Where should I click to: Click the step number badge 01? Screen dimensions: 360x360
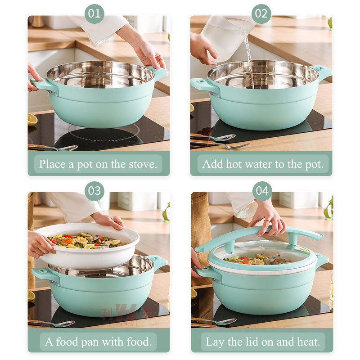pyautogui.click(x=94, y=13)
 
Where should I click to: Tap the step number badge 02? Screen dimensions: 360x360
pyautogui.click(x=261, y=13)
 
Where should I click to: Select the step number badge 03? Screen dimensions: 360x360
pyautogui.click(x=94, y=191)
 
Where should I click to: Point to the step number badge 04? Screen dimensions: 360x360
pyautogui.click(x=262, y=191)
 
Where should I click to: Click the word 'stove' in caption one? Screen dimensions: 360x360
pyautogui.click(x=143, y=164)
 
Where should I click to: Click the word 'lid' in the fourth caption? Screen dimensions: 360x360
pyautogui.click(x=252, y=342)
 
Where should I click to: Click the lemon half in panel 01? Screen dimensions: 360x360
pyautogui.click(x=32, y=119)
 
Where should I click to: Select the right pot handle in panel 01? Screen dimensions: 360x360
pyautogui.click(x=160, y=72)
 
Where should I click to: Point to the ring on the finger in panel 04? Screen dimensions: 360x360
pyautogui.click(x=267, y=221)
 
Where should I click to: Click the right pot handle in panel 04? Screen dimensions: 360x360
pyautogui.click(x=322, y=260)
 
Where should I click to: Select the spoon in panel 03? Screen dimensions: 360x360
pyautogui.click(x=52, y=323)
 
